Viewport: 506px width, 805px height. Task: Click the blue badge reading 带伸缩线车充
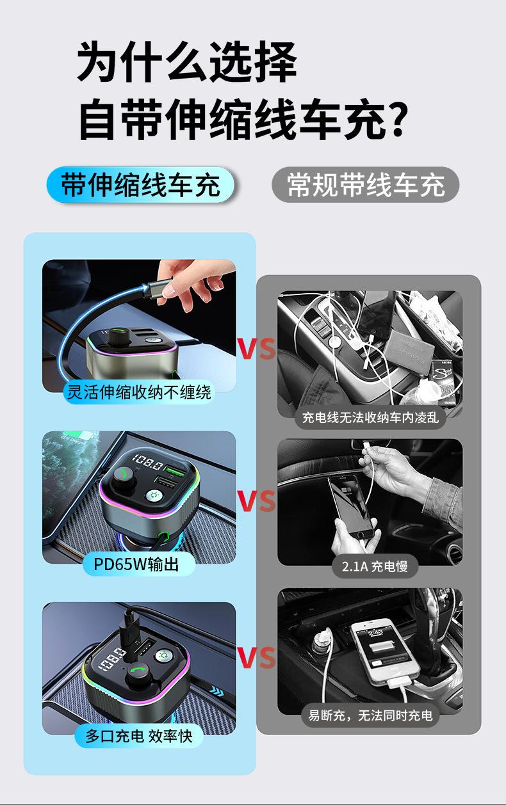[140, 185]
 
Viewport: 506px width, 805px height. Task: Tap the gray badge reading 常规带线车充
[365, 185]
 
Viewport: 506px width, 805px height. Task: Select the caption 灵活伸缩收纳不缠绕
[139, 392]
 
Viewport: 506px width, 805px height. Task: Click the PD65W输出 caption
[136, 564]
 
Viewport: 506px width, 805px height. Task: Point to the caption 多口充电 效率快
[139, 737]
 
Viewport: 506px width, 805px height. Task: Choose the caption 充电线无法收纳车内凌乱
[370, 418]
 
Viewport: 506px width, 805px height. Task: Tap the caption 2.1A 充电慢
[375, 566]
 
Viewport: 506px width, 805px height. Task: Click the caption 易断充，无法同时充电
[370, 715]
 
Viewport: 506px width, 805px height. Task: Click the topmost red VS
[257, 349]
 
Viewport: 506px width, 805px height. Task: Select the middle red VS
[257, 500]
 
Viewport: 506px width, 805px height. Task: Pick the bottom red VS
[257, 657]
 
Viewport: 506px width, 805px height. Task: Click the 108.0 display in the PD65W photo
[147, 462]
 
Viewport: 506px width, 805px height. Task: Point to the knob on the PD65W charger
[122, 478]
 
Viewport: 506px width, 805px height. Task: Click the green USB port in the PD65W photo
[175, 468]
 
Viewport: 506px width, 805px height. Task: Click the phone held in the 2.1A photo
[351, 506]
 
